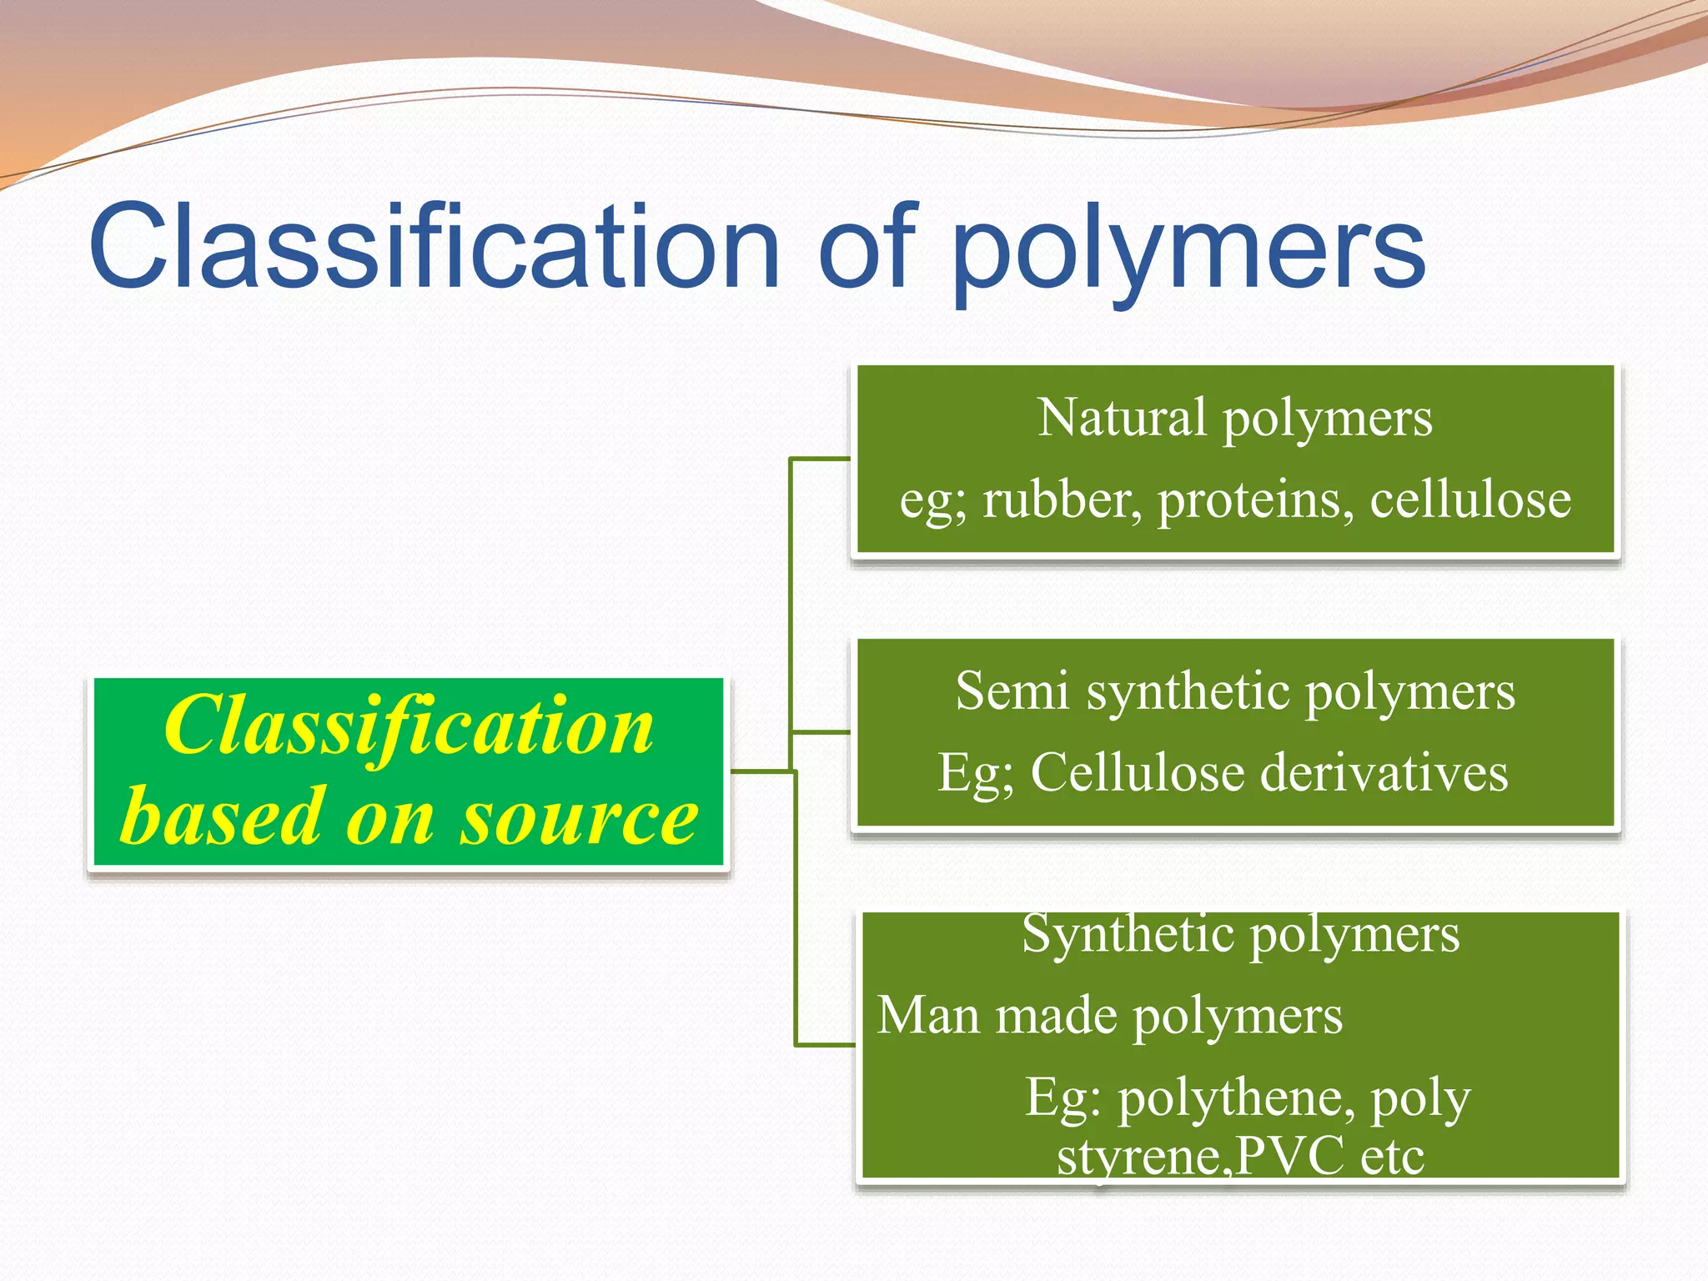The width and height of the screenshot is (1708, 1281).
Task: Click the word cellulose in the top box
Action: pos(1469,500)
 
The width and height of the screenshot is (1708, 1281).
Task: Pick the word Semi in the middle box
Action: pos(1011,692)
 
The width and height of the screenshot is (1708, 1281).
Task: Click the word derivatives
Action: pos(1384,773)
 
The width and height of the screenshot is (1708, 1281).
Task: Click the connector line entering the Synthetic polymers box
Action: pos(826,1044)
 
